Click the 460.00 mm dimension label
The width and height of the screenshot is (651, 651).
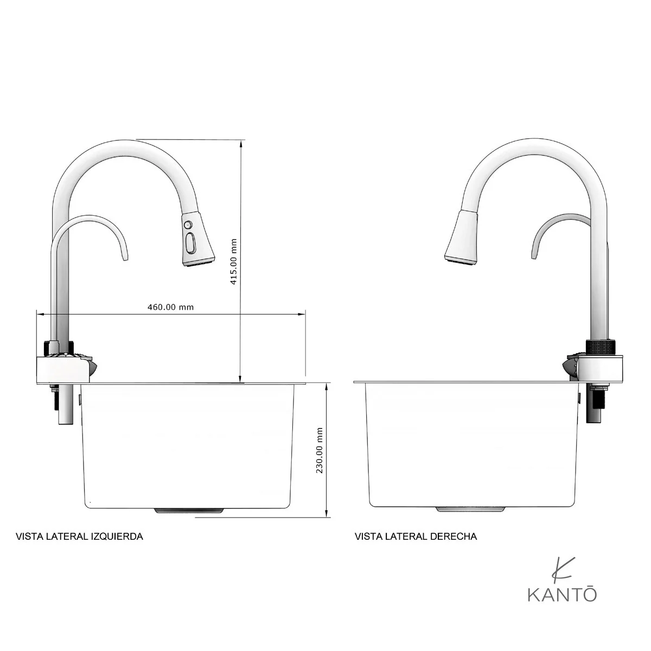pos(170,307)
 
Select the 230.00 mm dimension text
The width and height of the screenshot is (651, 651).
pos(319,450)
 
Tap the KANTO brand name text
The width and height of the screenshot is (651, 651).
pos(562,604)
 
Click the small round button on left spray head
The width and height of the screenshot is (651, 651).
pos(188,224)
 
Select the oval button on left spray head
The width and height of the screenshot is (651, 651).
pos(189,242)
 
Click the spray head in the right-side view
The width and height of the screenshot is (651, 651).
pos(462,237)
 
